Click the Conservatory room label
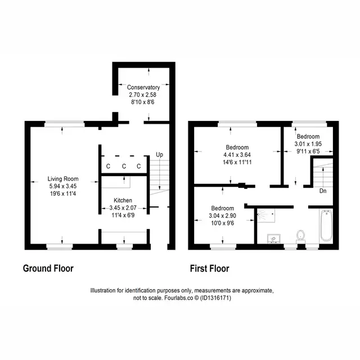(x=143, y=87)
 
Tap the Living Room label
(x=63, y=179)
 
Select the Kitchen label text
(x=123, y=200)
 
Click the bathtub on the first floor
(x=326, y=225)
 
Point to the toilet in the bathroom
(x=300, y=237)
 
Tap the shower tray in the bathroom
(x=266, y=215)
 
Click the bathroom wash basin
(x=274, y=238)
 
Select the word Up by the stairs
(x=160, y=155)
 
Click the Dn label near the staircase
(x=323, y=191)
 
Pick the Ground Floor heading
(x=48, y=268)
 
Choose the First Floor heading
(x=210, y=268)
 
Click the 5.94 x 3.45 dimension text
(x=63, y=186)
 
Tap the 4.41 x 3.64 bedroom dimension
(x=237, y=155)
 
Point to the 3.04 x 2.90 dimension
(x=223, y=215)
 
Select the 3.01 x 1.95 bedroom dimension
(x=308, y=144)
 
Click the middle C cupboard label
(x=124, y=166)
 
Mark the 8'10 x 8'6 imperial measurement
(x=143, y=102)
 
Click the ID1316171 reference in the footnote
(x=215, y=298)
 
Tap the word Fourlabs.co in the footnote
(x=179, y=298)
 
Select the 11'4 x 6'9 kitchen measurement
(x=123, y=215)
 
